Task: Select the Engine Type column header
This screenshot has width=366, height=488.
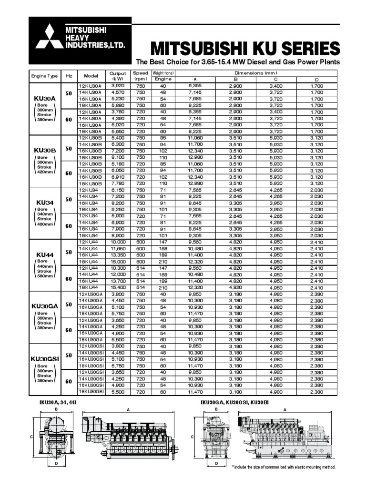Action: click(x=44, y=76)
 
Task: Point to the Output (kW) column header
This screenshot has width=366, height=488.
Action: click(x=118, y=76)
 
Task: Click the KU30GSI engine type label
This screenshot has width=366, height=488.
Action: click(x=44, y=358)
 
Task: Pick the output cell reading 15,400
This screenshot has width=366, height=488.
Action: click(x=118, y=287)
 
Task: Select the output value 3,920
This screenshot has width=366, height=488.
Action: click(x=118, y=85)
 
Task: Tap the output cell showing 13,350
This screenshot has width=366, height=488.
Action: click(x=118, y=255)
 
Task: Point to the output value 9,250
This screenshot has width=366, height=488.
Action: click(x=118, y=209)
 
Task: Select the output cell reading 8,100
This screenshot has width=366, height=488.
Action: click(x=118, y=157)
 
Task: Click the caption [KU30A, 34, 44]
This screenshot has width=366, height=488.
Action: click(x=58, y=403)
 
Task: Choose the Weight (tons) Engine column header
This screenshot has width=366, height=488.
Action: click(x=163, y=76)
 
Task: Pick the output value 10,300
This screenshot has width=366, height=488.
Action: click(x=118, y=268)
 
